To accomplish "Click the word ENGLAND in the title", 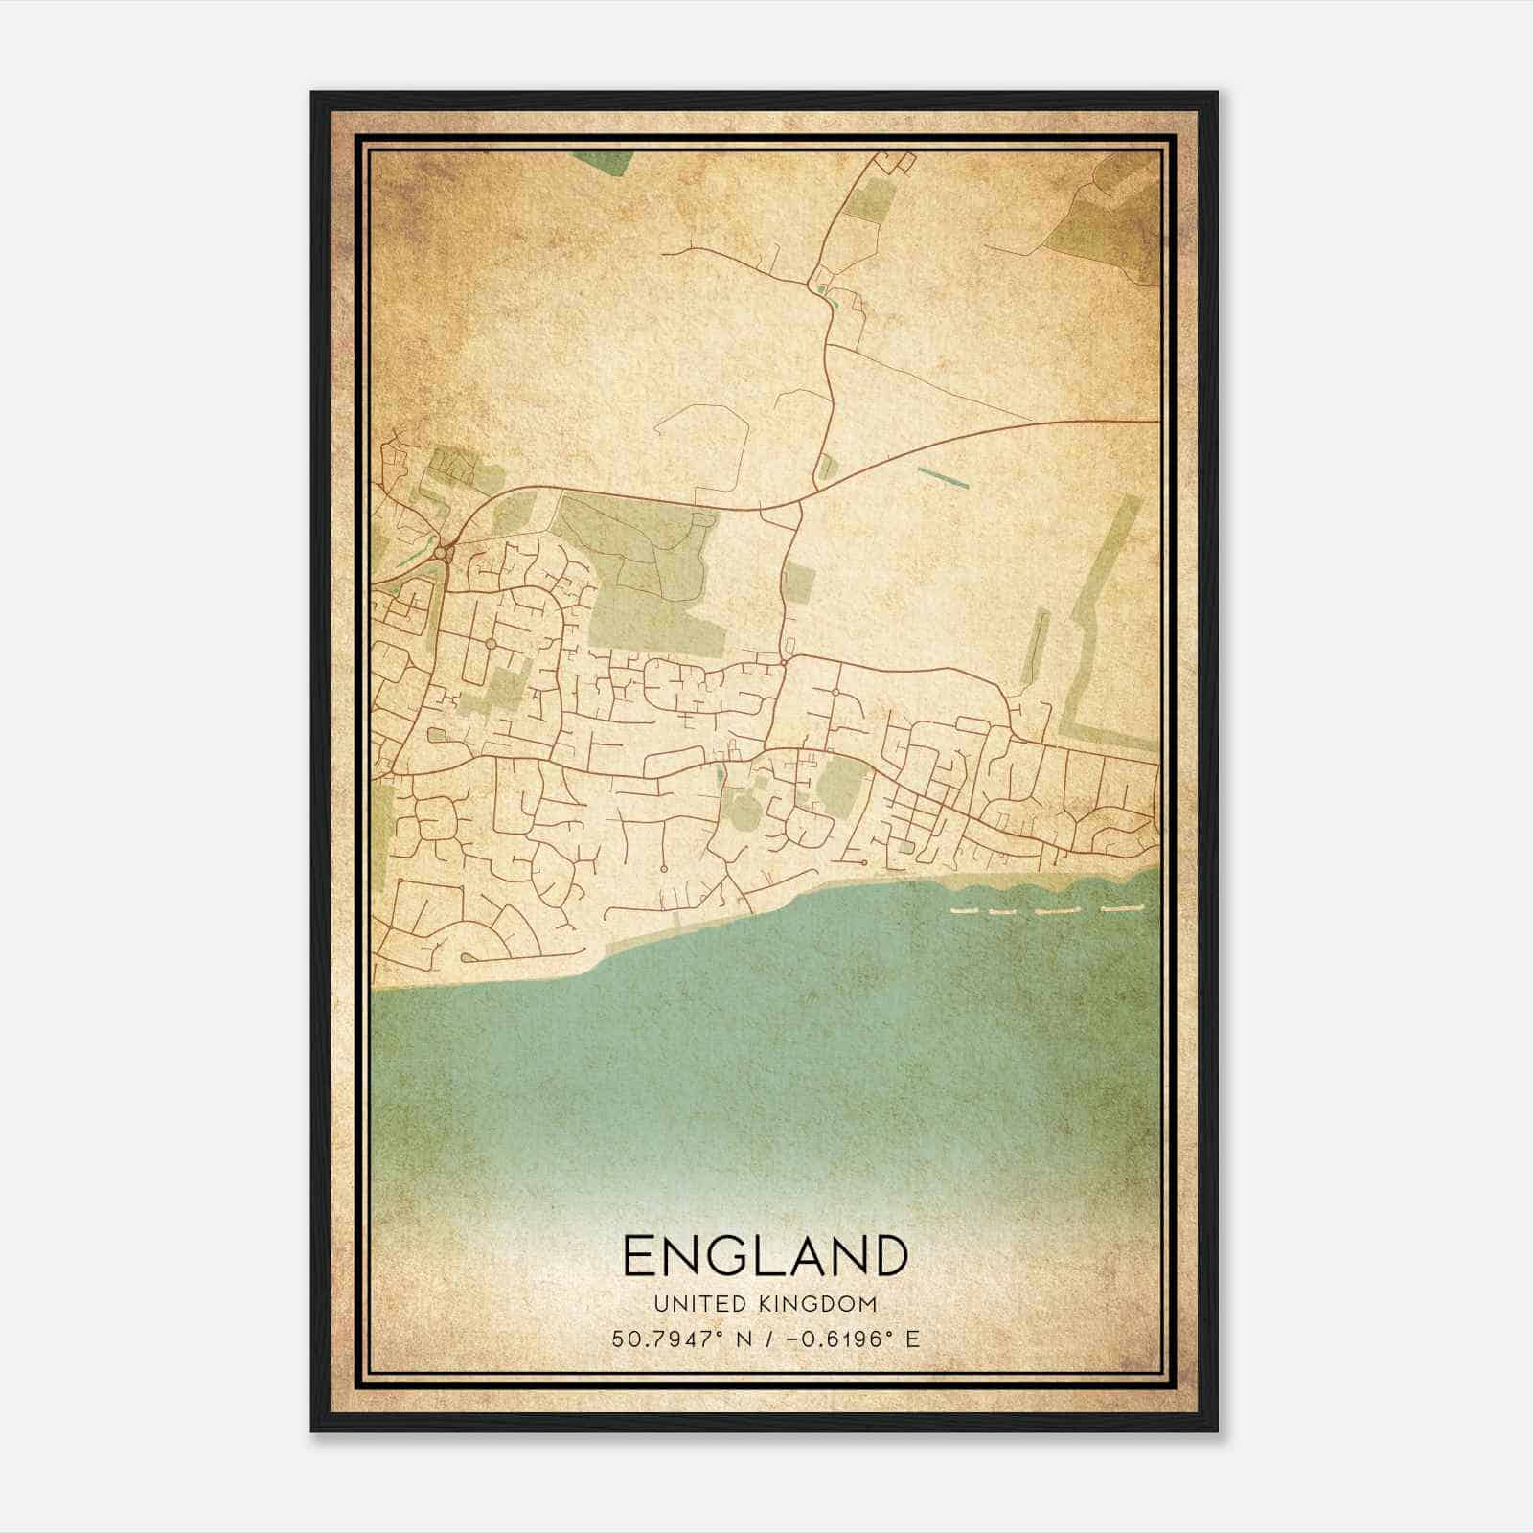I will pyautogui.click(x=765, y=1256).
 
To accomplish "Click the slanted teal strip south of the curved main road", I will pyautogui.click(x=943, y=476).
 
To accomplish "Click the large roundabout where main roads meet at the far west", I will pyautogui.click(x=442, y=553).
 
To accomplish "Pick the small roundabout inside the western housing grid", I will pyautogui.click(x=490, y=644).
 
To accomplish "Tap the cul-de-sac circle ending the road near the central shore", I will pyautogui.click(x=663, y=868).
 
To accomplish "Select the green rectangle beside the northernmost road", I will pyautogui.click(x=870, y=202).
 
